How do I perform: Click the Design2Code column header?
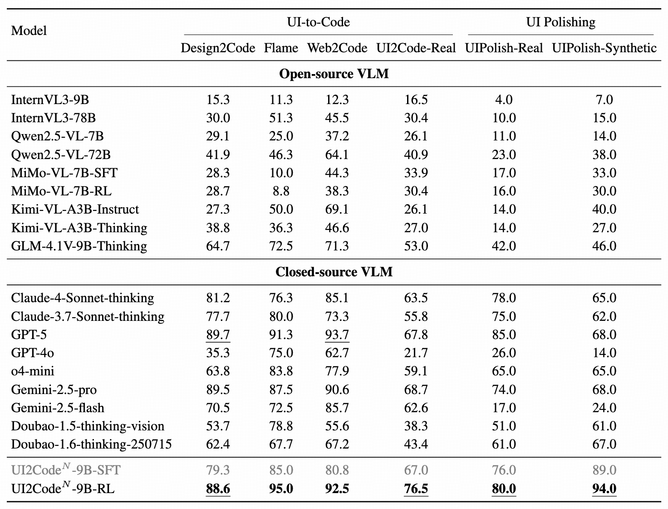[x=218, y=48]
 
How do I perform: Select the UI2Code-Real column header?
[x=416, y=48]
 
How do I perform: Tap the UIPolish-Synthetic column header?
[x=604, y=48]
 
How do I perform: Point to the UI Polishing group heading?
[x=560, y=22]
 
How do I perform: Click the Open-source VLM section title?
[x=334, y=74]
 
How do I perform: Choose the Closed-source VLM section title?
[x=334, y=272]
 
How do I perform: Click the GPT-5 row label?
[x=29, y=334]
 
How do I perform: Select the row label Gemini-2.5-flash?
[x=58, y=408]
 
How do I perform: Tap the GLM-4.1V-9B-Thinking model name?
[x=79, y=246]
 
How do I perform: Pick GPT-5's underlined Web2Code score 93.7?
[x=337, y=334]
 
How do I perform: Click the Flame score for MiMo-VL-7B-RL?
[x=281, y=191]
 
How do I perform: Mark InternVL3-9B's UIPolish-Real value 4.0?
[x=504, y=100]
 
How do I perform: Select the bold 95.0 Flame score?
[x=281, y=489]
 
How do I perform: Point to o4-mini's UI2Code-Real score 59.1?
[x=416, y=371]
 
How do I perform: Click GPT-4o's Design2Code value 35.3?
[x=218, y=353]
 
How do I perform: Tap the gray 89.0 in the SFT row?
[x=604, y=470]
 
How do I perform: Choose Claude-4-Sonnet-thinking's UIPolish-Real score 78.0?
[x=504, y=298]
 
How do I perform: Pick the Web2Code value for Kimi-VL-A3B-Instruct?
[x=337, y=210]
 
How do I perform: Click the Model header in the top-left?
[x=29, y=30]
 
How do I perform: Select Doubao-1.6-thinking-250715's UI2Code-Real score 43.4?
[x=416, y=444]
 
